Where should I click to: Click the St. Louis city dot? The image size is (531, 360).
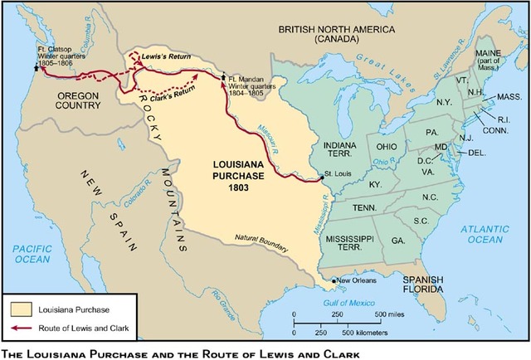coord(320,177)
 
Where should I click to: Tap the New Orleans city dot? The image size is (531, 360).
coord(334,280)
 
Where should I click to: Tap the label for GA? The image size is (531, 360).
coord(398,240)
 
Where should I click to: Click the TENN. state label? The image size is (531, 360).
coord(363,207)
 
